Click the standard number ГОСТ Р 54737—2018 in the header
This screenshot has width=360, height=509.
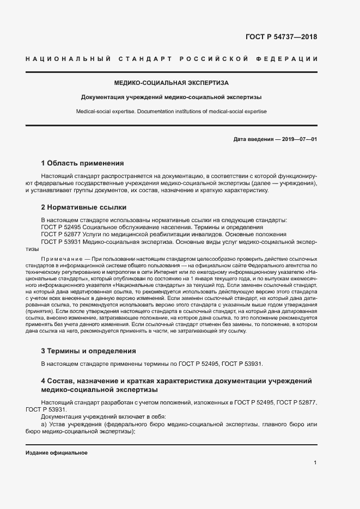point(281,38)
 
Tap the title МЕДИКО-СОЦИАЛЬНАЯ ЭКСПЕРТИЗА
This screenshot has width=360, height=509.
point(171,83)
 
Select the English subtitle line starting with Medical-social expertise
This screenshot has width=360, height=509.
point(171,112)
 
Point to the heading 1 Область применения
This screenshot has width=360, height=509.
point(82,163)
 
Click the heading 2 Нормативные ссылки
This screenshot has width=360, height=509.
point(84,207)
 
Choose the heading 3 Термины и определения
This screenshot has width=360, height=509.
point(88,351)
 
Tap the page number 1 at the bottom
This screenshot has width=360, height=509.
point(315,463)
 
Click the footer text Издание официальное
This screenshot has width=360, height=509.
point(56,453)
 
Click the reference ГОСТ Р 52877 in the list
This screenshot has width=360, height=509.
point(62,234)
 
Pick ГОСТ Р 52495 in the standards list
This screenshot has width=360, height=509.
point(62,227)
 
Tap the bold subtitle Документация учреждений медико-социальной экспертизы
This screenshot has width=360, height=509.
point(171,97)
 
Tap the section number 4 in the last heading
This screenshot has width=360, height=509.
point(43,380)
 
